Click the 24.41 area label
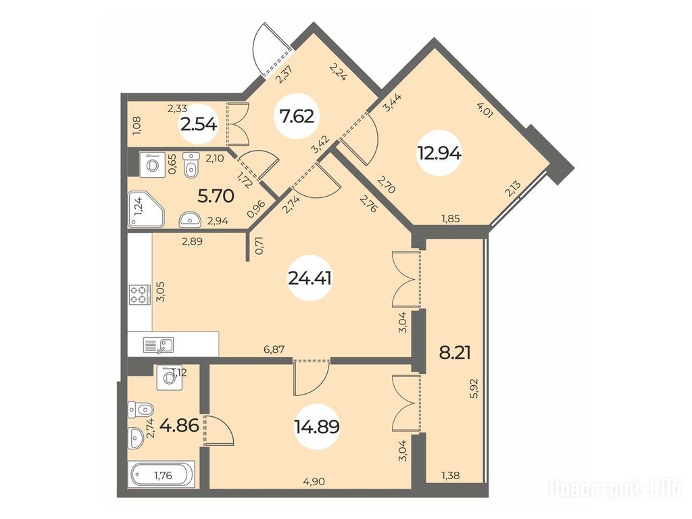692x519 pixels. (x=310, y=278)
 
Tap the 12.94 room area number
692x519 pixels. (x=439, y=153)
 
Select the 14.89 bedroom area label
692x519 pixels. (x=316, y=426)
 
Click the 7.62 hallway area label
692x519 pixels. (x=297, y=116)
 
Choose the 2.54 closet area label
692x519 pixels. (x=199, y=125)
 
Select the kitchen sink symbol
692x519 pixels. (x=158, y=345)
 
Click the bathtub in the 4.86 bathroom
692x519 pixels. (x=162, y=475)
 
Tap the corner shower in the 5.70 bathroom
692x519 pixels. (x=146, y=209)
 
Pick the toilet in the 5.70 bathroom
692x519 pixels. (x=191, y=165)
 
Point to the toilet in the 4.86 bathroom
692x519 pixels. (x=141, y=410)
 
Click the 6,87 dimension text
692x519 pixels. (x=274, y=349)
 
